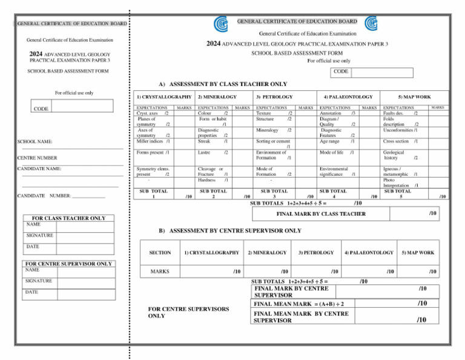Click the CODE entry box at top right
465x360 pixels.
click(x=381, y=72)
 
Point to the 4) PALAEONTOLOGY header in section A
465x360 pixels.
click(x=348, y=96)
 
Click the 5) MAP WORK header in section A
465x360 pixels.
click(x=414, y=96)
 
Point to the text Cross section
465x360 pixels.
click(x=397, y=141)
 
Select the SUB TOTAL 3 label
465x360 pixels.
click(x=275, y=193)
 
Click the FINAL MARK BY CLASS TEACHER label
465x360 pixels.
click(x=321, y=214)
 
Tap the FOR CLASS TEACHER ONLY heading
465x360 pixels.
click(x=68, y=218)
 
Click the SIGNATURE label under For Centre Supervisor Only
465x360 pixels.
click(x=38, y=281)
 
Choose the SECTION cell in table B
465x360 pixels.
click(x=160, y=252)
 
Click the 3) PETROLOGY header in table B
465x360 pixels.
click(x=316, y=252)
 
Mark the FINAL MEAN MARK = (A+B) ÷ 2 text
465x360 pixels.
click(x=299, y=304)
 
